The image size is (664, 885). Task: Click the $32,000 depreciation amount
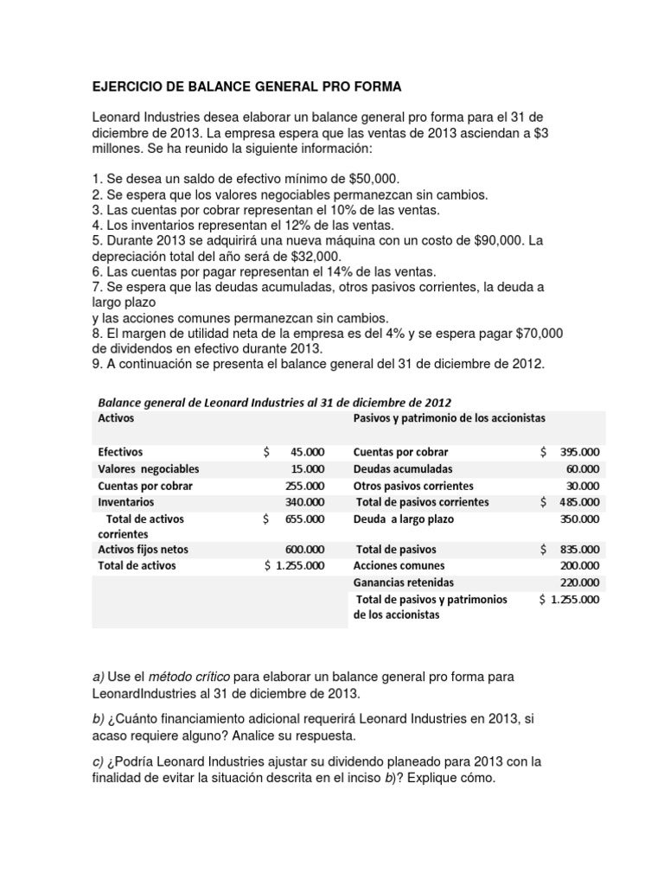coord(314,258)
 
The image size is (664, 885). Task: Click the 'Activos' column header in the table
coord(116,417)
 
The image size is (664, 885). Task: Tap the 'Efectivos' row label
coord(121,452)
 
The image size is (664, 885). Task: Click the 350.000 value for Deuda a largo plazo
coord(580,519)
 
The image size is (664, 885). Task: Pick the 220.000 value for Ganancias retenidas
coord(580,583)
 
